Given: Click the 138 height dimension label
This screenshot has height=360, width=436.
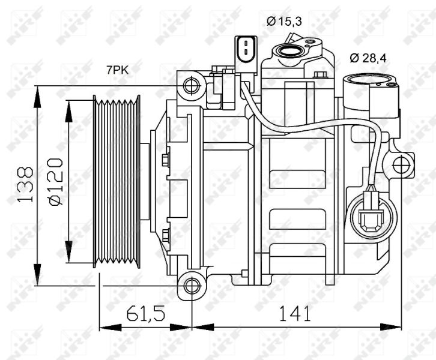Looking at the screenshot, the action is point(25,184).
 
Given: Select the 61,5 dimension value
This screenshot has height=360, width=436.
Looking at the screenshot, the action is point(146,313).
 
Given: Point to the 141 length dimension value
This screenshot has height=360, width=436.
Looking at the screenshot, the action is point(294,313).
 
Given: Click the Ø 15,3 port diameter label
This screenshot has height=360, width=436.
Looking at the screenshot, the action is point(284,21).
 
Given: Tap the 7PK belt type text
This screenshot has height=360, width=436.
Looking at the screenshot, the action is point(118,70).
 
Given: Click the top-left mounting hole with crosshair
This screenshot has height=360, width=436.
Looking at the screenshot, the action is point(192,86).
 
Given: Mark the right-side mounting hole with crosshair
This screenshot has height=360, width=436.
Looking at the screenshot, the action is point(401,165).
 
